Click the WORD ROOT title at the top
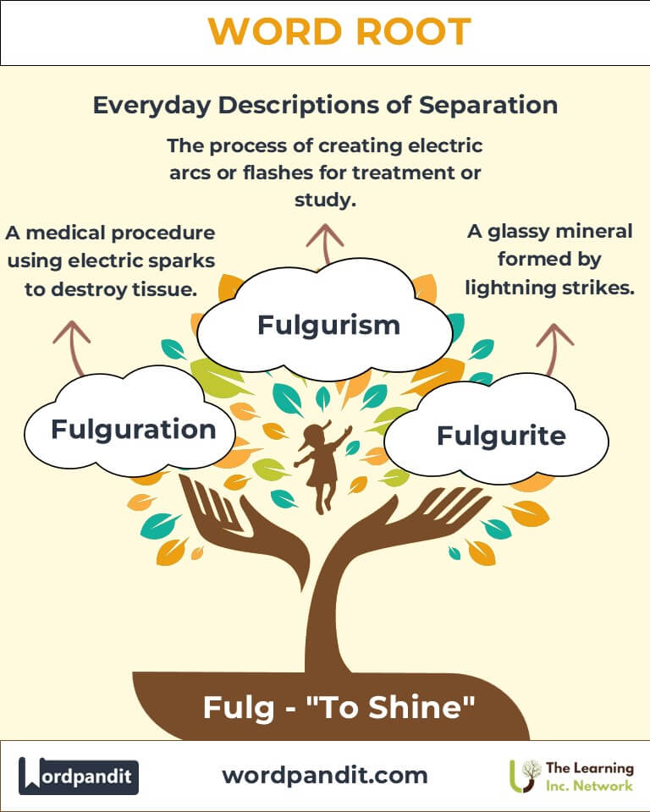point(339,32)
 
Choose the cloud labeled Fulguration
point(133,429)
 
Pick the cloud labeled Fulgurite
point(501,436)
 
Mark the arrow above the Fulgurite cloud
point(554,347)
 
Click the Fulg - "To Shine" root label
point(338,707)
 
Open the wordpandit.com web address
point(324,775)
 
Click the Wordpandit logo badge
point(79,776)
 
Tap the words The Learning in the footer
point(590,767)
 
